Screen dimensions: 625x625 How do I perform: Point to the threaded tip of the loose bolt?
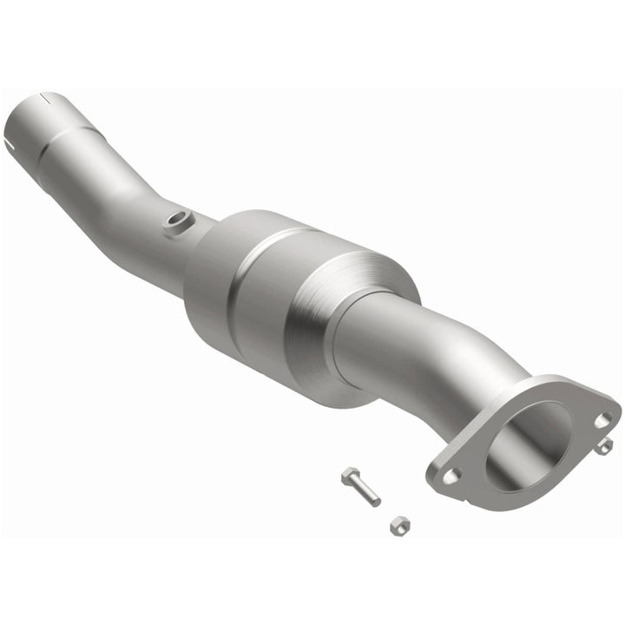tap(374, 500)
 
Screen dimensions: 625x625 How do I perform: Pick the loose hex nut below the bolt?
tap(399, 524)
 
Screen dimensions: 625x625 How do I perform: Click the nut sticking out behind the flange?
tap(604, 446)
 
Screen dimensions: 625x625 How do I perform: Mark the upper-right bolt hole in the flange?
tap(602, 420)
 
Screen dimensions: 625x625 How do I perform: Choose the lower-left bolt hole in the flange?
tap(450, 476)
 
